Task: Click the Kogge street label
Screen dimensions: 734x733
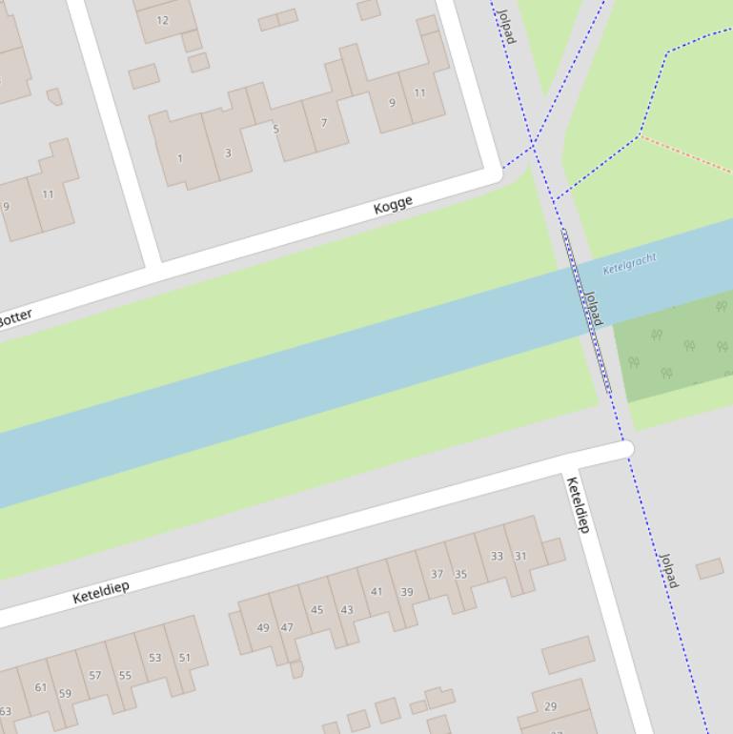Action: click(394, 203)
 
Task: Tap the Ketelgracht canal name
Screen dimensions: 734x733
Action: click(630, 262)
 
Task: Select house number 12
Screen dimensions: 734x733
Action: click(162, 20)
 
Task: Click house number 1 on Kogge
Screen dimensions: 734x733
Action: click(180, 158)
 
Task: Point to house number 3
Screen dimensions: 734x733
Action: click(228, 153)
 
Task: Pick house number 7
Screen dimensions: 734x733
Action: click(324, 123)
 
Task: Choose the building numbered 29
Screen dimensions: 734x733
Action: click(550, 706)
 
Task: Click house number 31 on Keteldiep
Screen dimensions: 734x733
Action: click(520, 556)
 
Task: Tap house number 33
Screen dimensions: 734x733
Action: click(497, 556)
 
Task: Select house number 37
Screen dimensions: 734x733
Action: click(437, 574)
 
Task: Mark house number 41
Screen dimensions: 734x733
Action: click(377, 591)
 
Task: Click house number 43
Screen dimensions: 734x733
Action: click(346, 610)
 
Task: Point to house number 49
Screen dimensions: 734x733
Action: click(263, 627)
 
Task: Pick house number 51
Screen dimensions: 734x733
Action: click(185, 657)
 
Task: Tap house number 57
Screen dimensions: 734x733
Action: click(94, 675)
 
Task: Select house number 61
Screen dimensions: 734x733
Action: click(40, 686)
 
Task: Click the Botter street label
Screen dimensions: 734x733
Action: click(15, 317)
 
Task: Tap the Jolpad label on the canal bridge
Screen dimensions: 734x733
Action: click(593, 308)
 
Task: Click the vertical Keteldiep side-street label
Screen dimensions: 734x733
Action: click(579, 504)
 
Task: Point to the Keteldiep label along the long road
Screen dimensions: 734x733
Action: click(101, 592)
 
